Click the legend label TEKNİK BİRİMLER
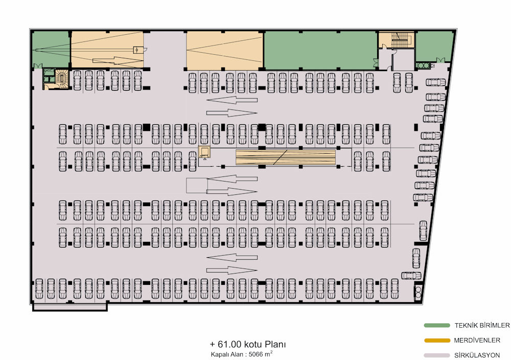point(482,325)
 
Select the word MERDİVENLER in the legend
point(477,341)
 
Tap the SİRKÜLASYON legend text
point(477,355)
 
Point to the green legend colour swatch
point(437,325)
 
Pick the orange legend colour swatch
point(437,341)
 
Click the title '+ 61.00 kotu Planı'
point(248,344)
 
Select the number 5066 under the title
point(256,354)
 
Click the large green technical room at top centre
point(320,51)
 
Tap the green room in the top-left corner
point(51,50)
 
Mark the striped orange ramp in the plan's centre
point(286,157)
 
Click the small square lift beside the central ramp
point(205,152)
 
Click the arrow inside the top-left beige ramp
point(118,61)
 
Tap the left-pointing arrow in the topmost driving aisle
point(231,100)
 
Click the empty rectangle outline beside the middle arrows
point(197,186)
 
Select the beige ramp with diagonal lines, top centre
point(224,51)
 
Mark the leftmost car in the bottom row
point(39,288)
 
